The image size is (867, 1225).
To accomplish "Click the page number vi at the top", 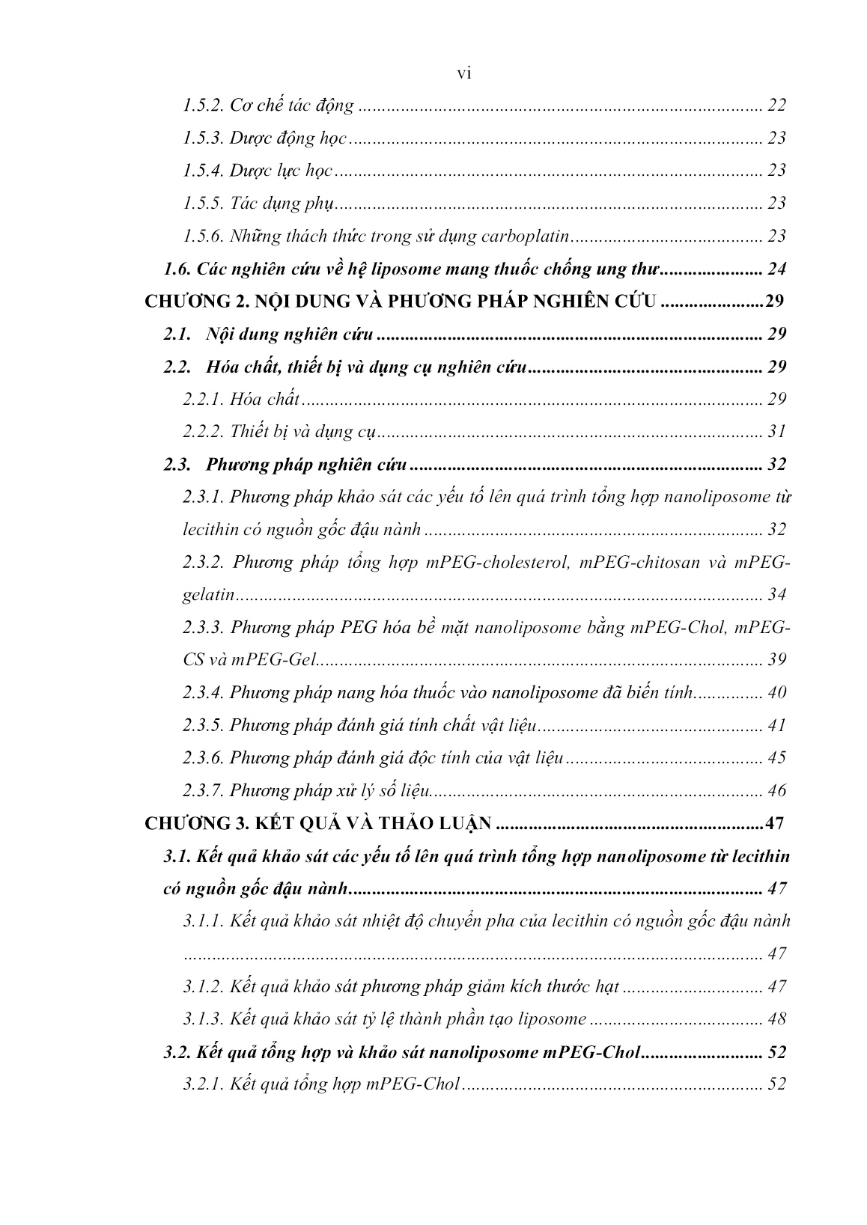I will click(x=463, y=73).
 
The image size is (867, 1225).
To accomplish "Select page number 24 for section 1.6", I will click(x=776, y=269).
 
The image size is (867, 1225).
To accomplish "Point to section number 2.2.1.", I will click(x=203, y=399).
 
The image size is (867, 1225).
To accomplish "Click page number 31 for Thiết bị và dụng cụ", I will click(x=776, y=432).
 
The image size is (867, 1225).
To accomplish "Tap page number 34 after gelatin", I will click(x=776, y=595).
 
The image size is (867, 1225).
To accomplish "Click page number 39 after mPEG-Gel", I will click(x=776, y=660).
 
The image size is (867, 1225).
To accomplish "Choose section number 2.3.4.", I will click(x=203, y=693).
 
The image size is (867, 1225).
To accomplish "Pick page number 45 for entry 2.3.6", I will click(x=776, y=758).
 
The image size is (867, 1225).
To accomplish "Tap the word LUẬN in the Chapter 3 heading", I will click(x=461, y=824).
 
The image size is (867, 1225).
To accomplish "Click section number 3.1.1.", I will click(x=204, y=921).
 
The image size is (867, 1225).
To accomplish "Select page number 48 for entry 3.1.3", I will click(x=776, y=1019).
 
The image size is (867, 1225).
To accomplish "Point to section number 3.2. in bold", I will click(x=177, y=1052).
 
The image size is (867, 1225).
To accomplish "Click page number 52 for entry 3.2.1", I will click(x=776, y=1084).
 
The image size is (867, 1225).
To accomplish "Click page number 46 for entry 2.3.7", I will click(x=776, y=790).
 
